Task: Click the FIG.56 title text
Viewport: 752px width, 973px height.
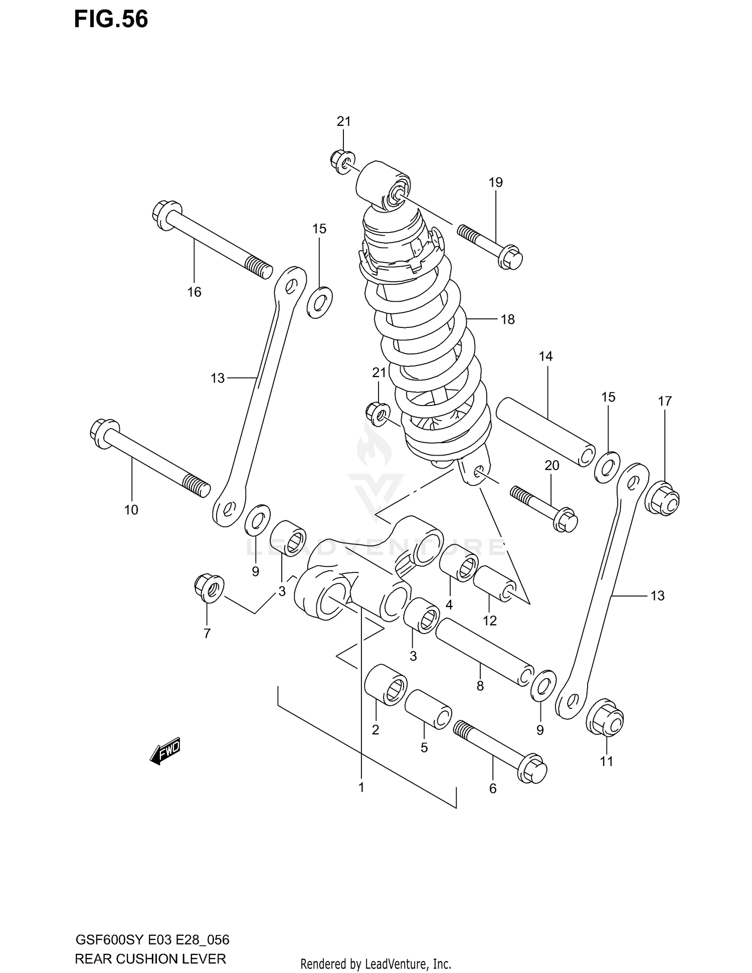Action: tap(111, 20)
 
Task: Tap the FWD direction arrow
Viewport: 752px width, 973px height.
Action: tap(165, 751)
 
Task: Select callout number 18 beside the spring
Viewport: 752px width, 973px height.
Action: tap(507, 319)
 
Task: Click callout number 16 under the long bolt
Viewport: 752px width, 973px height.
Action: tap(194, 292)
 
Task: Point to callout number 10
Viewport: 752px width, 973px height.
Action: tap(131, 510)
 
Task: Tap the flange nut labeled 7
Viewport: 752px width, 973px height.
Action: tap(209, 588)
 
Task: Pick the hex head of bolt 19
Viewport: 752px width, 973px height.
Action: tap(511, 256)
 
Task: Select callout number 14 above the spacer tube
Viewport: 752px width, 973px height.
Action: tap(545, 356)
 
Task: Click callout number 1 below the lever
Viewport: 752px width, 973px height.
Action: tap(361, 787)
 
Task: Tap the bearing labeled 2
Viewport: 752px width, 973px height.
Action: tap(385, 684)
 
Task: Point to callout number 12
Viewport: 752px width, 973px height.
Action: tap(489, 621)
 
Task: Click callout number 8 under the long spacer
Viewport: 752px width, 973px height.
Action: tap(480, 686)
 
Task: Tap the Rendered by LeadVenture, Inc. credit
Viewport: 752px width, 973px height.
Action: tap(375, 964)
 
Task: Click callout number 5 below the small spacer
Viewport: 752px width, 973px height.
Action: tap(424, 747)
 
